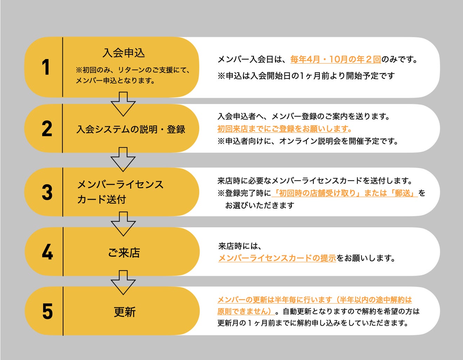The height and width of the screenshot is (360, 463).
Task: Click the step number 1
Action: point(45,67)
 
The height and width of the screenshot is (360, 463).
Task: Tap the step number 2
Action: point(47,129)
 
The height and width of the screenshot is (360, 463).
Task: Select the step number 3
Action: point(47,192)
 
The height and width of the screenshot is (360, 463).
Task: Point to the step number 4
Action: point(47,252)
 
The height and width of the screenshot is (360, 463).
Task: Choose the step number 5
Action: point(47,311)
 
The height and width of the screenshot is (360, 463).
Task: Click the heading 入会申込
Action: point(124,53)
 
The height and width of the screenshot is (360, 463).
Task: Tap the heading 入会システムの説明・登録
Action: point(131,129)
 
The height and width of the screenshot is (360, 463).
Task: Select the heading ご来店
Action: point(124,253)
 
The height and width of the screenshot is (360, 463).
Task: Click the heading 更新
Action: point(125,312)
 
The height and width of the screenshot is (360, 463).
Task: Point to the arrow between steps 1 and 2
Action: point(123,104)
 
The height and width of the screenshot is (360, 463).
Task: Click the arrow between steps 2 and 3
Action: point(123,159)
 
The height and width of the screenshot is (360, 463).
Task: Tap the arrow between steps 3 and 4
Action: point(123,224)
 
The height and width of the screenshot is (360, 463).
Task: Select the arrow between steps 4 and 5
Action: point(123,282)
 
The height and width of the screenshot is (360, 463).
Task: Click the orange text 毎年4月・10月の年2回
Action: point(335,59)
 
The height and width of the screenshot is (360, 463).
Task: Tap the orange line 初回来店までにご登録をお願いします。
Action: point(284,129)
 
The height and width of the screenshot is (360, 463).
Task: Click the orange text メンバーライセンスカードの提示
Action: point(277,258)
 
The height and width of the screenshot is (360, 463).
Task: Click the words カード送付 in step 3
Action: point(101,200)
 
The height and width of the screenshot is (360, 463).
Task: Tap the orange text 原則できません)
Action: point(245,311)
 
